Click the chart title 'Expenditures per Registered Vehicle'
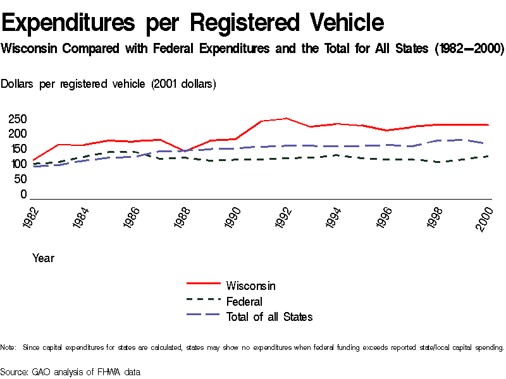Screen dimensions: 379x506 pos(193,23)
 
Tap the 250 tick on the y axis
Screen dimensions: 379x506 pos(17,119)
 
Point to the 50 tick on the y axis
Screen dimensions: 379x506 pos(20,179)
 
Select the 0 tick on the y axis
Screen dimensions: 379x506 pos(23,195)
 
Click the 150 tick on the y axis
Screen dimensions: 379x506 pos(17,149)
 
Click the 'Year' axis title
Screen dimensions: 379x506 pos(43,258)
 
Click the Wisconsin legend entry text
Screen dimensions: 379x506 pos(250,286)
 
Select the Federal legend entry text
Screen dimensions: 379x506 pos(244,301)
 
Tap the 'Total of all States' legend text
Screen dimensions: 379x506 pos(269,316)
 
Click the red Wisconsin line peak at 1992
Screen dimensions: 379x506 pos(287,118)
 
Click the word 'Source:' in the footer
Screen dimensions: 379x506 pos(15,372)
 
